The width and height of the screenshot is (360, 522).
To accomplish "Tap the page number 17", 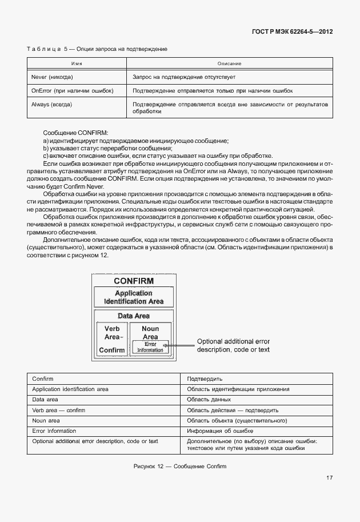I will [330, 478].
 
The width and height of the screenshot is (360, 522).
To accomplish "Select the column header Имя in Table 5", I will [78, 63].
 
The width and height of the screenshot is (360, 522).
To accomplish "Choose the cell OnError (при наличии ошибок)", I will [72, 91].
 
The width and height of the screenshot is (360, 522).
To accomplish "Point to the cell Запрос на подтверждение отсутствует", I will [184, 77].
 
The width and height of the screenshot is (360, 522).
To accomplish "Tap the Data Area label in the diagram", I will [134, 316].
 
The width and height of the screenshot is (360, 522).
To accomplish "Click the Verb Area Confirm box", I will [111, 340].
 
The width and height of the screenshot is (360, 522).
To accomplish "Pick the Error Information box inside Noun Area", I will [150, 347].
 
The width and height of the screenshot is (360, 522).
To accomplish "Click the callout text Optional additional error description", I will [233, 345].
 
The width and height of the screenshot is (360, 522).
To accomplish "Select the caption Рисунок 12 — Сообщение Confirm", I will [179, 467].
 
